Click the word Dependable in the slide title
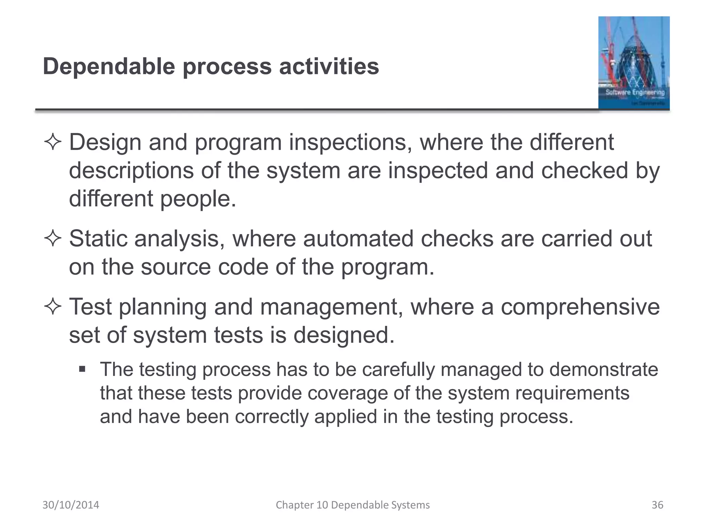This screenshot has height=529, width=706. point(109,66)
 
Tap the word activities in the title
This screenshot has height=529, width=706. point(329,66)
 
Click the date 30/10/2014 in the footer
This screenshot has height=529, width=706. point(71,505)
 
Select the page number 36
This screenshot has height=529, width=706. point(657,505)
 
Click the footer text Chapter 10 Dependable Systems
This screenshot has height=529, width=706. point(353,505)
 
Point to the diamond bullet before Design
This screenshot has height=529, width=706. point(53,143)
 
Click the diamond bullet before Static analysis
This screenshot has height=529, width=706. point(53,239)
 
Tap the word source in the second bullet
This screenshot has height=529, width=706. point(175,267)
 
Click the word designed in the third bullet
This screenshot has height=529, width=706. point(344,335)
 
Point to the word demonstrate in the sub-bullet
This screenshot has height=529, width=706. point(603,370)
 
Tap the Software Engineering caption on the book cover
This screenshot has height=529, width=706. point(635,92)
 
